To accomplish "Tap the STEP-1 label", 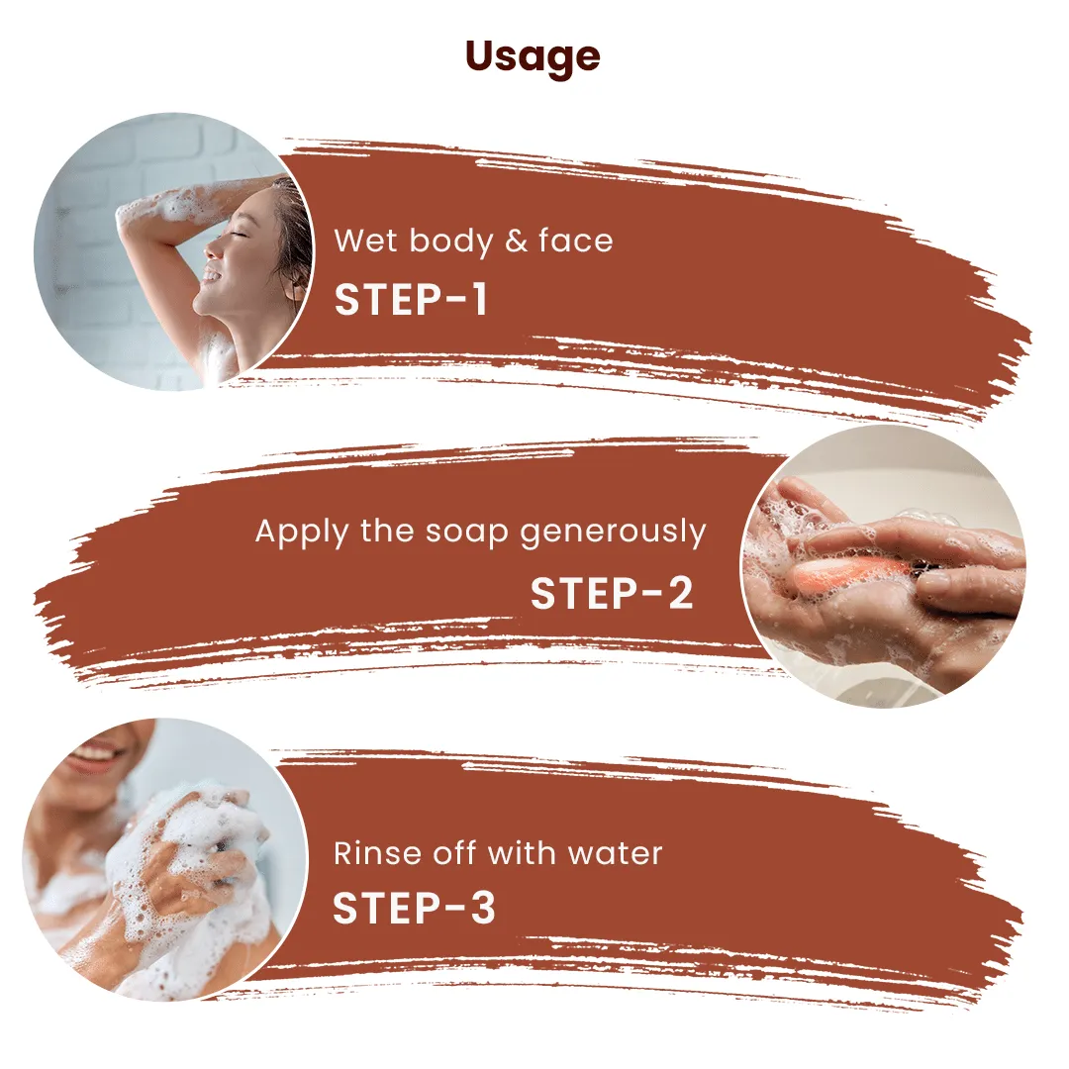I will (x=411, y=299).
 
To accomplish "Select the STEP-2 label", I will (x=612, y=592).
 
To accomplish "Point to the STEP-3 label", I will (x=413, y=909).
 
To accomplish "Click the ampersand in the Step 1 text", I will (x=516, y=242).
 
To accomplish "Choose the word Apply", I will (x=301, y=533).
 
